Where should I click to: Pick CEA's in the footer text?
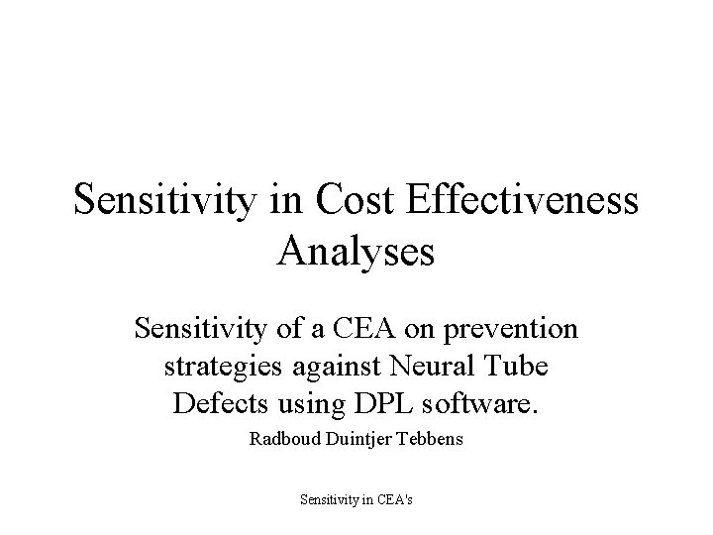(x=393, y=500)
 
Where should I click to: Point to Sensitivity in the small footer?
(x=330, y=500)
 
